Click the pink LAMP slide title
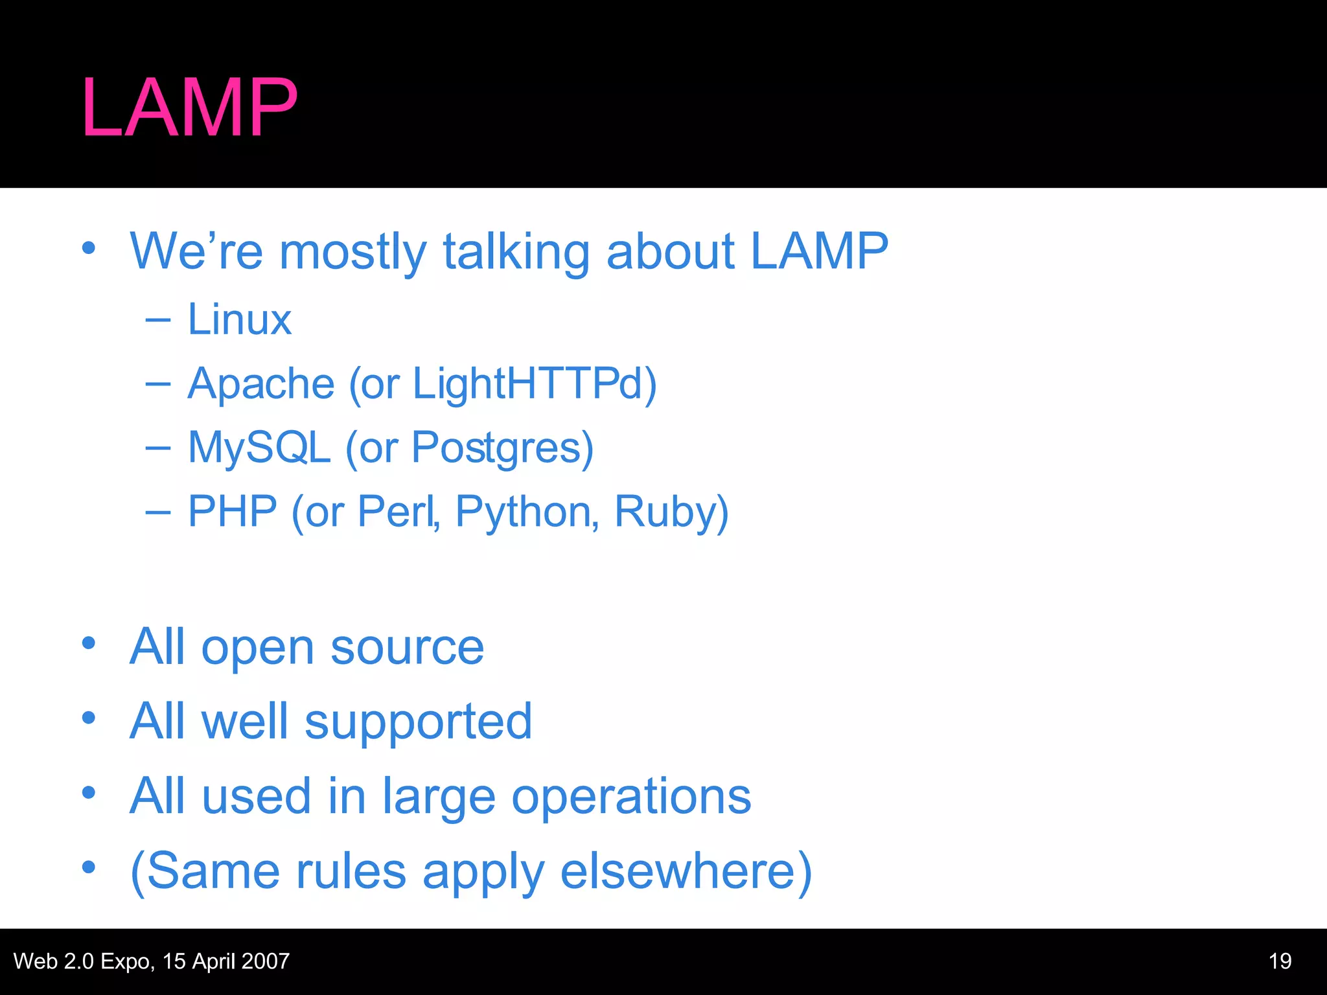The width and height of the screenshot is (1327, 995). (x=189, y=108)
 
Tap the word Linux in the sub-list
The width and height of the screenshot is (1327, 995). (x=239, y=319)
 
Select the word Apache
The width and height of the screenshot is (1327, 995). (x=260, y=383)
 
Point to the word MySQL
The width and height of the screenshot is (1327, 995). (x=259, y=447)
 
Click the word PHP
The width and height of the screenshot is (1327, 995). (x=233, y=511)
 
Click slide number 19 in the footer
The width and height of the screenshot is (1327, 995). (x=1280, y=961)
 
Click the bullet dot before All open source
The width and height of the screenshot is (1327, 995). (x=89, y=644)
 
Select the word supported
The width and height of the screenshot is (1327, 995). (x=418, y=723)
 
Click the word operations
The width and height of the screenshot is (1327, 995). (x=631, y=797)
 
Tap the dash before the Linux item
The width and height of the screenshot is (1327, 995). (x=158, y=319)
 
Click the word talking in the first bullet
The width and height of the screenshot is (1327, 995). (x=516, y=251)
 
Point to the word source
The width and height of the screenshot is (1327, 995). (x=407, y=647)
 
